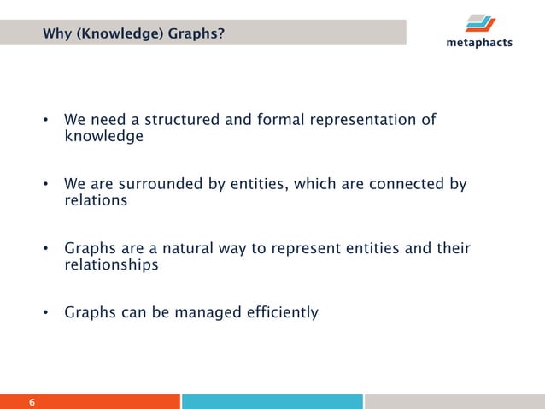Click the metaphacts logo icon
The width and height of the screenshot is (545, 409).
(481, 22)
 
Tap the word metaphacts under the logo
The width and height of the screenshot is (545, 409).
(479, 43)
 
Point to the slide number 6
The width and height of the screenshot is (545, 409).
(32, 402)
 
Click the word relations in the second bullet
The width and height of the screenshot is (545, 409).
(96, 201)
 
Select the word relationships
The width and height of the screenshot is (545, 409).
(111, 265)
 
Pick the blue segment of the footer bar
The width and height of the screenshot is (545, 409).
(272, 401)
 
